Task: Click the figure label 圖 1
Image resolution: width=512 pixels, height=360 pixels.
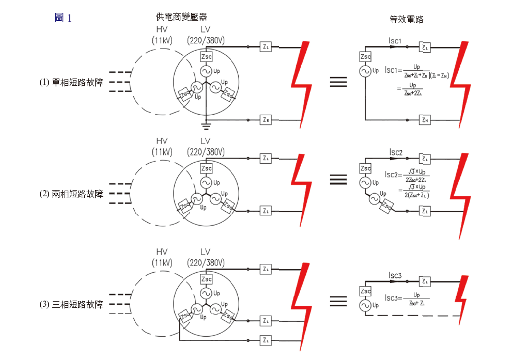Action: [63, 18]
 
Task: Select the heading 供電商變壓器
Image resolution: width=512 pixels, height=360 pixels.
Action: [177, 18]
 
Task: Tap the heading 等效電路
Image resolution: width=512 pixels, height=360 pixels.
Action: [406, 19]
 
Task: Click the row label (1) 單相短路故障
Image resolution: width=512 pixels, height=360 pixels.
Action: [71, 82]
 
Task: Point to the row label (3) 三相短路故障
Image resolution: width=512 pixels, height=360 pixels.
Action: [71, 304]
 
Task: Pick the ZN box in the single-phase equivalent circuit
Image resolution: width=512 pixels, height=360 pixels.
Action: [426, 120]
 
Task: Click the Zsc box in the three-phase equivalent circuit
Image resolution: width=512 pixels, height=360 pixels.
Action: [365, 291]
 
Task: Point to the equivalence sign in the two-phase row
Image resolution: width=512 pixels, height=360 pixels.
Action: [338, 179]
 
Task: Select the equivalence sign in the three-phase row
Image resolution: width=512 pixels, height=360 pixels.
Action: [338, 300]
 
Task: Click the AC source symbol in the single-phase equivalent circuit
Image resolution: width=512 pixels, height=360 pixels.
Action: [365, 72]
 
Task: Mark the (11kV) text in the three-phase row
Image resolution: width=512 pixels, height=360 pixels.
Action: [162, 263]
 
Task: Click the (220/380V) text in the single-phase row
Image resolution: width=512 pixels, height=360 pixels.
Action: [206, 40]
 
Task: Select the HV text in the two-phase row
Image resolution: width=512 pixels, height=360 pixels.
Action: [162, 141]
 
